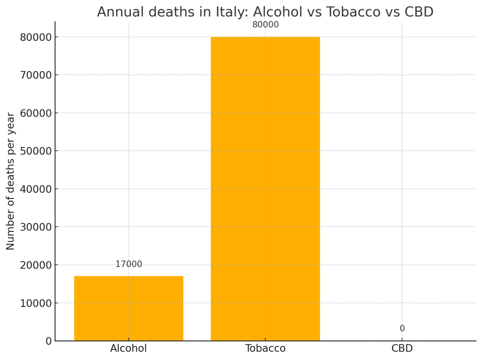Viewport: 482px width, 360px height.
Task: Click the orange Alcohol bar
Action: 129,308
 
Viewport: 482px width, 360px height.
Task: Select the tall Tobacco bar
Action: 265,188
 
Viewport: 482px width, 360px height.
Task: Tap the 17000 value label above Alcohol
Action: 129,264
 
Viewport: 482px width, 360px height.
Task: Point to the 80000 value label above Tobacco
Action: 265,25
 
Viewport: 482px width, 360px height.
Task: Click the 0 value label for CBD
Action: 402,328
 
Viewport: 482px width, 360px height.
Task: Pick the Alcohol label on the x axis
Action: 129,349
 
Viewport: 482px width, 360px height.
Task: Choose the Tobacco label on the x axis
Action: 265,349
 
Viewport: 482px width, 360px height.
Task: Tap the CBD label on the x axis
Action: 402,349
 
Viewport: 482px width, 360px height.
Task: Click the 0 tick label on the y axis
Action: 49,341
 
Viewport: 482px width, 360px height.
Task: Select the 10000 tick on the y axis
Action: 35,303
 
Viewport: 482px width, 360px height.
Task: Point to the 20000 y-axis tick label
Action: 35,265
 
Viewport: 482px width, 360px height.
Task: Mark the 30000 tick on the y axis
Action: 35,227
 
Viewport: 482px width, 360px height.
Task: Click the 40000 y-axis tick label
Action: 35,189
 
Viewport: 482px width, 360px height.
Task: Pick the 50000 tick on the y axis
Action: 35,151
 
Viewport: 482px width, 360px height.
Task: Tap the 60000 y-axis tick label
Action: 35,113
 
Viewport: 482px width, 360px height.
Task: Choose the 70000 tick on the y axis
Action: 35,75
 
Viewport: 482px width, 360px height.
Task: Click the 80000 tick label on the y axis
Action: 35,37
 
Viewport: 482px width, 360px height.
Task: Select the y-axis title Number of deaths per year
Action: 10,181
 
